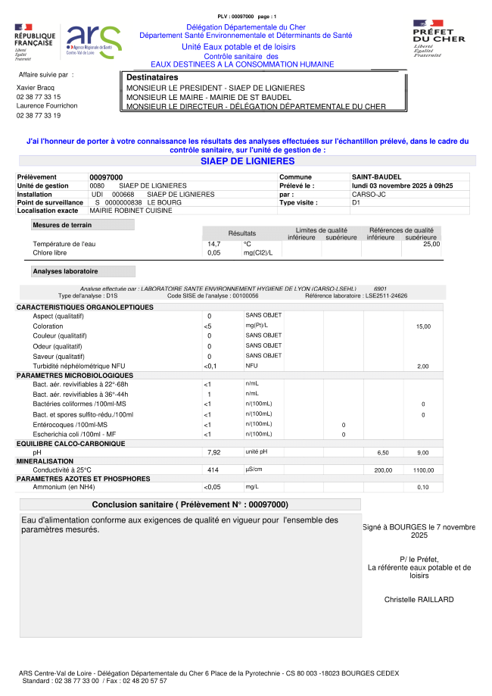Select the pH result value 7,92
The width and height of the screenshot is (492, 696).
pyautogui.click(x=213, y=452)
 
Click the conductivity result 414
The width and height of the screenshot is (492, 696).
pyautogui.click(x=213, y=470)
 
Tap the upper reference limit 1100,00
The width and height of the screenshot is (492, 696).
pyautogui.click(x=422, y=470)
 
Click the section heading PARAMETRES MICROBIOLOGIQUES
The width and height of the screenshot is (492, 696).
pyautogui.click(x=74, y=376)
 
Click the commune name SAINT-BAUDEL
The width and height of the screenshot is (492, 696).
pyautogui.click(x=377, y=177)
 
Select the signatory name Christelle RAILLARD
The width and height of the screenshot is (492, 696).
pyautogui.click(x=419, y=600)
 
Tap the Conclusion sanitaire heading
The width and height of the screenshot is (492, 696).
pyautogui.click(x=189, y=504)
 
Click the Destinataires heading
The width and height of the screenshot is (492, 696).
pyautogui.click(x=152, y=78)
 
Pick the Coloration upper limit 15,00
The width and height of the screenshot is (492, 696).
pyautogui.click(x=423, y=326)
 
